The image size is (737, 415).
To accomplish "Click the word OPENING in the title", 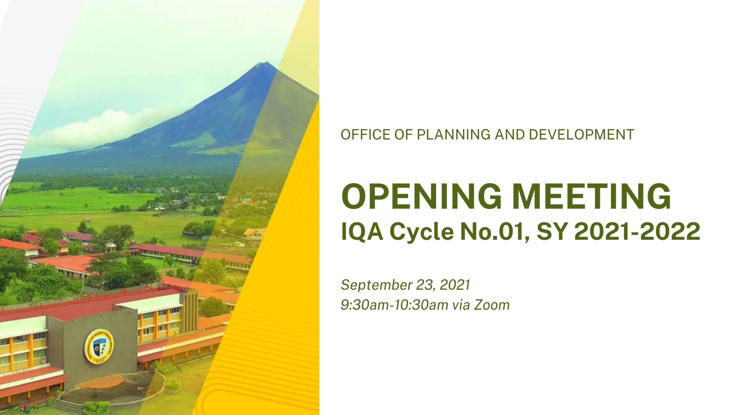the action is click(421, 196).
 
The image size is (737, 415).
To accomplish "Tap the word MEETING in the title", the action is click(592, 196).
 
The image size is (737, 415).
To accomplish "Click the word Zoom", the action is click(492, 305).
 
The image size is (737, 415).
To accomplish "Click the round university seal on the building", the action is click(99, 346).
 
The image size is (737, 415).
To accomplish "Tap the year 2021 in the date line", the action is click(455, 285).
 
